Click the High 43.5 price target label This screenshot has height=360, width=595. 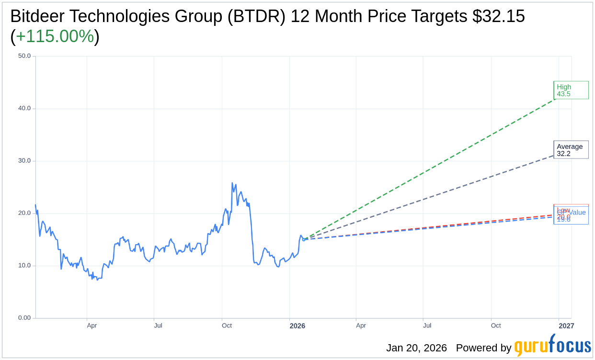pos(571,90)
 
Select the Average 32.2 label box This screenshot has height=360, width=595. pos(571,150)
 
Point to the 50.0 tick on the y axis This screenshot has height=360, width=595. pos(24,56)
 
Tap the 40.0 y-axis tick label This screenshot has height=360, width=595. pos(24,108)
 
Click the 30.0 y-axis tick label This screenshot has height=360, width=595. pos(24,160)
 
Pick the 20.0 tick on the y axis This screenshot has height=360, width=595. pos(24,213)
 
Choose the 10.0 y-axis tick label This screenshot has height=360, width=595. pos(24,265)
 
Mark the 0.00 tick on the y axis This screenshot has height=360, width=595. pos(24,318)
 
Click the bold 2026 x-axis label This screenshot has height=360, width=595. pos(297,326)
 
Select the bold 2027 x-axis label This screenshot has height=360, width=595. pos(566,326)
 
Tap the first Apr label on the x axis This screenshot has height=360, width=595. pos(92,326)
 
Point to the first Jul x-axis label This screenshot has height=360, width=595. pos(158,326)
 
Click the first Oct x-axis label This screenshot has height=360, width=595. pos(227,326)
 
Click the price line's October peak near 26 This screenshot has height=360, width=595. pos(232,183)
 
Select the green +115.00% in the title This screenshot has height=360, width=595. pos(55,36)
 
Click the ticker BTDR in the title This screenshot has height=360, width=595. pos(256,16)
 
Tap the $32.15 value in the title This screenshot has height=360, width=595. pos(498,16)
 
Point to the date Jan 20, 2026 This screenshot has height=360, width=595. pos(416,348)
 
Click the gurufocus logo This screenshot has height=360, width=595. pos(552,346)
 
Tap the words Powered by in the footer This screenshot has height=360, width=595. pos(483,348)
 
